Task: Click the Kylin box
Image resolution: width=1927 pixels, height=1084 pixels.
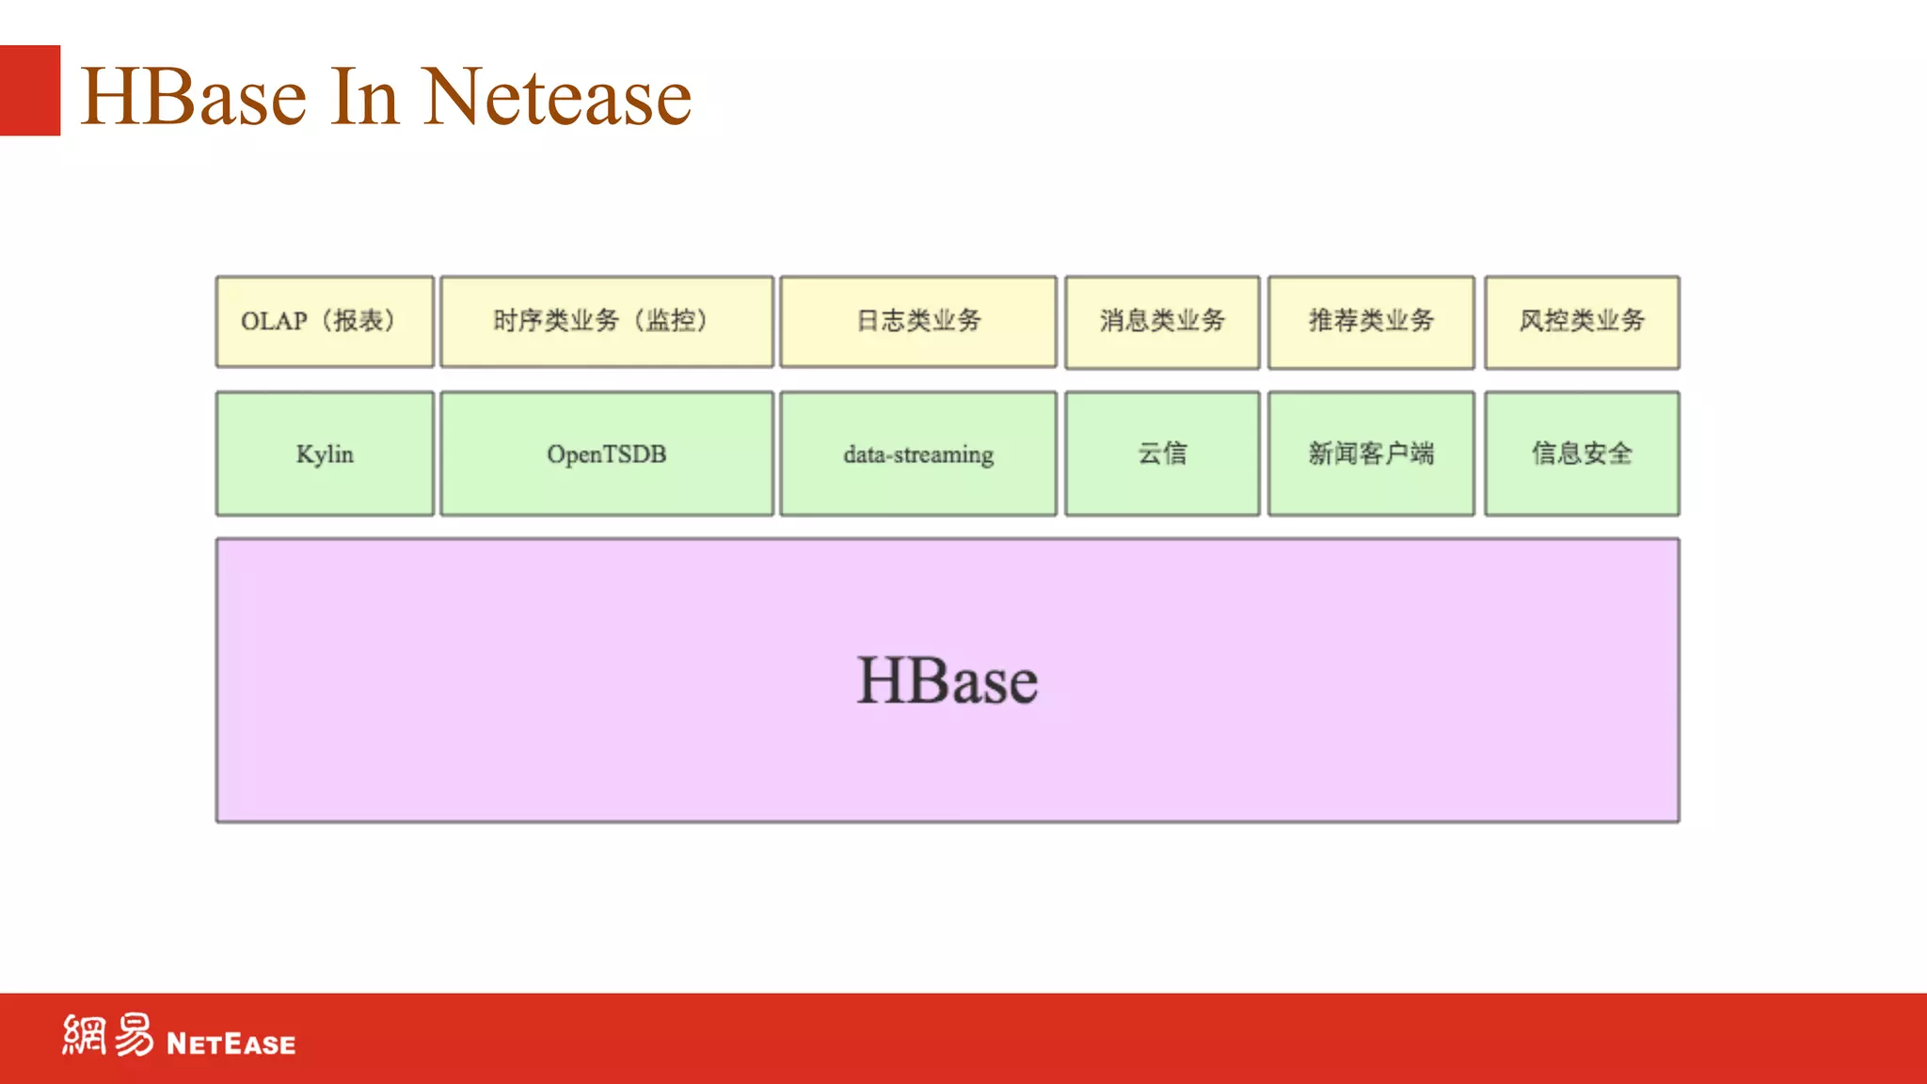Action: [325, 454]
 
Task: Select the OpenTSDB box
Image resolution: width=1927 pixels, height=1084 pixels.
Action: [607, 454]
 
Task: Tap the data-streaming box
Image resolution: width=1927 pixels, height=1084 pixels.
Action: [918, 454]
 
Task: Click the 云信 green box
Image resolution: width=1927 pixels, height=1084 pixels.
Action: [1162, 454]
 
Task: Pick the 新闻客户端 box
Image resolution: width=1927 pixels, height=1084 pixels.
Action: [1371, 454]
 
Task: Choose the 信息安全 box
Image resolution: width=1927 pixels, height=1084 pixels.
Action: [1582, 454]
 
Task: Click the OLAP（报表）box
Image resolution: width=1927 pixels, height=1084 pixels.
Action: [325, 321]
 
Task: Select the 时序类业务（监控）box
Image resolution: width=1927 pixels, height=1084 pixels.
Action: [607, 321]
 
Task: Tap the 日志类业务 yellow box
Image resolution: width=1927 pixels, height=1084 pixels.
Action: [918, 321]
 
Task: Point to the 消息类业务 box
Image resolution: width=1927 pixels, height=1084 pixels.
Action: [1162, 321]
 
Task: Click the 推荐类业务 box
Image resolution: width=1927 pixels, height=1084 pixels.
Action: [1371, 321]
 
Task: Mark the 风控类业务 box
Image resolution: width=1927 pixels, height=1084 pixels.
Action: [1582, 321]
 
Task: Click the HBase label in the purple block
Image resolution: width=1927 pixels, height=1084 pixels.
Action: [947, 680]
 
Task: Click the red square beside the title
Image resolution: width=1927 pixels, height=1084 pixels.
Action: [30, 90]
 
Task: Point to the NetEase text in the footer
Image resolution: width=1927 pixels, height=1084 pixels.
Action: [231, 1044]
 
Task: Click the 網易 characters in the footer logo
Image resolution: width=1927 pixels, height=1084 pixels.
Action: [107, 1035]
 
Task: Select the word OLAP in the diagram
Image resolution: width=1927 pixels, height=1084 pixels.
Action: [274, 321]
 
